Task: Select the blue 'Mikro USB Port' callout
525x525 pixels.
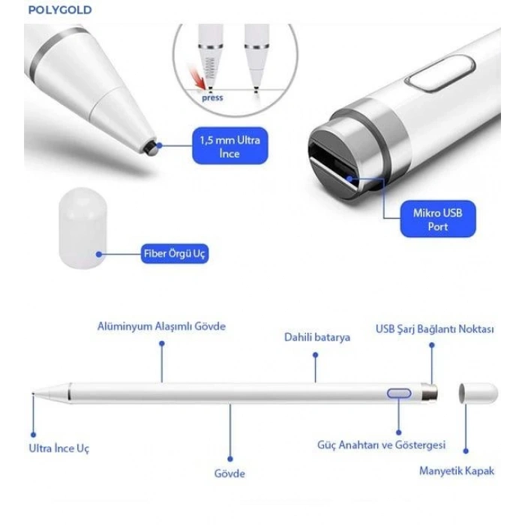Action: [x=438, y=219]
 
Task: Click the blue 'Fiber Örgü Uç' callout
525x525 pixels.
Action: [x=175, y=253]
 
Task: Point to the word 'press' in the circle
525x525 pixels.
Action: [x=212, y=98]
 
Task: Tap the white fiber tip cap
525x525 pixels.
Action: [x=80, y=229]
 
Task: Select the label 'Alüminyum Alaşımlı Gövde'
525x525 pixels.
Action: [x=161, y=326]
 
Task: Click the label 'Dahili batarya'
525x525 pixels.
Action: [x=316, y=337]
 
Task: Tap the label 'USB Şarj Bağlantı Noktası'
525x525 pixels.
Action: [x=434, y=329]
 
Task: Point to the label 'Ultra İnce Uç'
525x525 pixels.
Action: [x=59, y=448]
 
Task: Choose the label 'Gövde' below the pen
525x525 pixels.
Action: [x=229, y=473]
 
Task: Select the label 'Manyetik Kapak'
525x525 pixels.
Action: [x=456, y=471]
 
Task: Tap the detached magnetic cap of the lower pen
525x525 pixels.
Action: [x=478, y=393]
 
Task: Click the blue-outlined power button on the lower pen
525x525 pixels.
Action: [x=399, y=393]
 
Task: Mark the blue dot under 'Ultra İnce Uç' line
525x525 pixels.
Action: [x=33, y=434]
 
